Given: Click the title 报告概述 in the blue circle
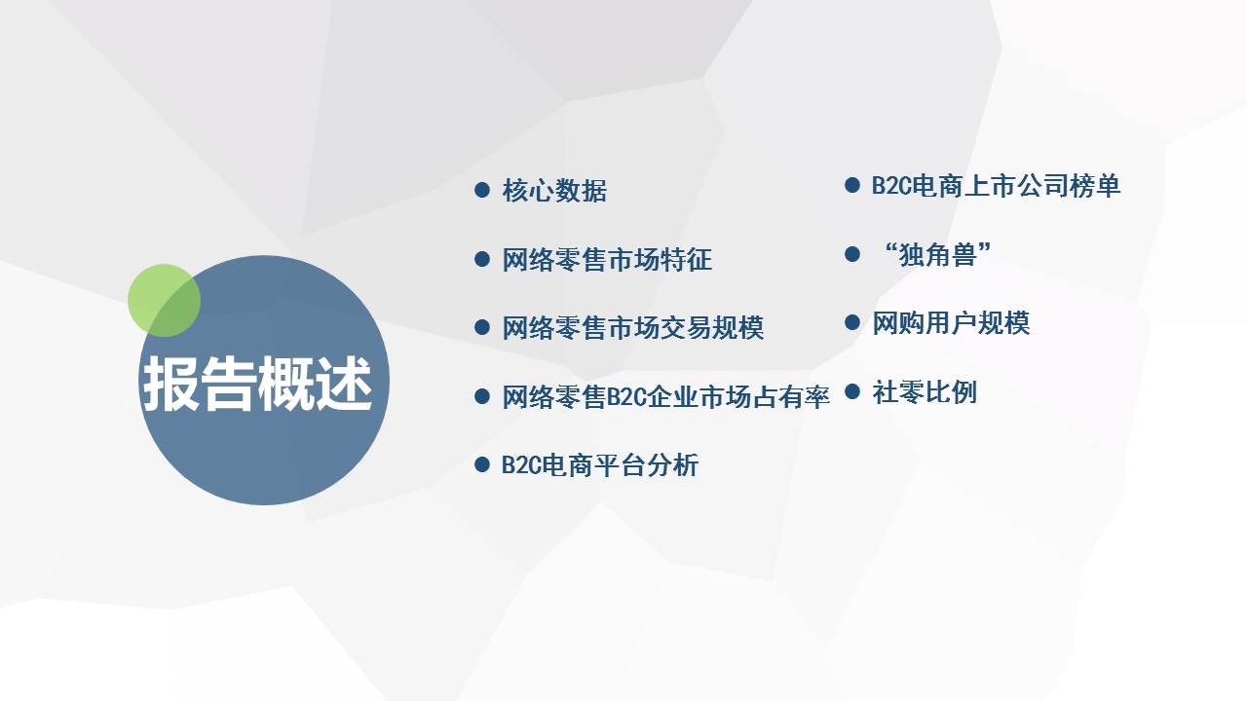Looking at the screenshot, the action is click(x=257, y=384).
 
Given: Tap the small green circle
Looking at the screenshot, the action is click(x=164, y=301).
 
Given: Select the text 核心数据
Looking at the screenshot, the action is click(x=554, y=190).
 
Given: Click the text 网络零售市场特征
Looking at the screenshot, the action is click(x=607, y=259).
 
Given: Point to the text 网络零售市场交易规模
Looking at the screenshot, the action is click(x=633, y=328).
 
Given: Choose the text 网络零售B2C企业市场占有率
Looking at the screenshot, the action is click(x=665, y=396).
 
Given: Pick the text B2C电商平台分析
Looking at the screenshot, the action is click(x=600, y=465).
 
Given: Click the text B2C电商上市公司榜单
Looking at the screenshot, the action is click(x=996, y=185).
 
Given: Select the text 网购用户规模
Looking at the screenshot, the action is click(x=951, y=322).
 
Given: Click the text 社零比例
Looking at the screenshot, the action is click(x=925, y=391).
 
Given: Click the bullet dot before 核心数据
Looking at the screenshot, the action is click(x=482, y=190).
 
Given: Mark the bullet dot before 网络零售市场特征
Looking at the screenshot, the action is click(x=482, y=259).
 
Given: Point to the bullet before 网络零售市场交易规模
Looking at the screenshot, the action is click(x=482, y=327).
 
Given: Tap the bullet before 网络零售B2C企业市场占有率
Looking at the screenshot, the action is click(x=482, y=396).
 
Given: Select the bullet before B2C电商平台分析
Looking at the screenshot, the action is click(x=482, y=464).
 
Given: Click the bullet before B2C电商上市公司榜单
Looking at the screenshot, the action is click(x=852, y=185).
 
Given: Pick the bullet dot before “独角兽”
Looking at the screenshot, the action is click(x=852, y=254).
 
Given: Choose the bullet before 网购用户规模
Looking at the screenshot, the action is click(x=852, y=322).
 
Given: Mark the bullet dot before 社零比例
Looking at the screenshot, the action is click(x=852, y=391).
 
